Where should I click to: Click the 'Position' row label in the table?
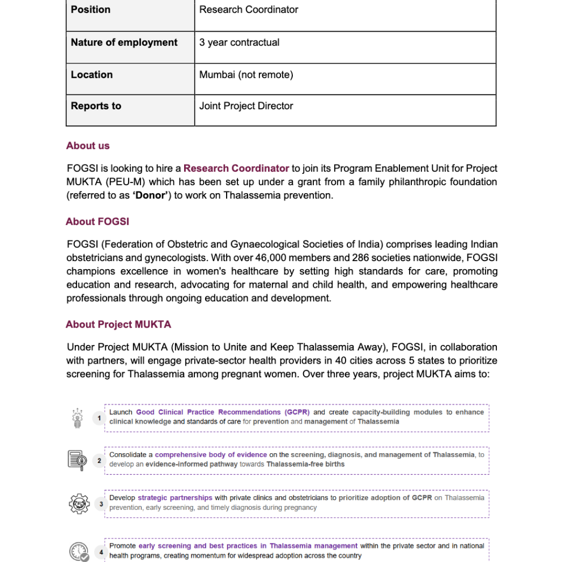point(91,10)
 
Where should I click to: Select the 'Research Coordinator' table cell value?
point(249,10)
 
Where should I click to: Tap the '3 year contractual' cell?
point(239,42)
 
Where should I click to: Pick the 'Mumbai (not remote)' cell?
point(246,75)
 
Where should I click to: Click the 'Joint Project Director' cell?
point(246,106)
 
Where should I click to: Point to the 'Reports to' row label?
point(96,106)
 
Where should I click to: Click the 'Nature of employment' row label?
point(124,42)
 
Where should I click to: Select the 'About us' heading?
point(88,146)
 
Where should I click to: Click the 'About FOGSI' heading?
point(97,222)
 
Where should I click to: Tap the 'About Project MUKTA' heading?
point(118,325)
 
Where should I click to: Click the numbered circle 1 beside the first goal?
point(99,418)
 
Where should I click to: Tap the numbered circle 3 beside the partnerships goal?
point(101,504)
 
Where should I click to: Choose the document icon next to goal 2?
point(78,460)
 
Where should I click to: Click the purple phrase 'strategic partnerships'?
point(175,498)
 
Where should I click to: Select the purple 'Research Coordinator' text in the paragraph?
point(236,168)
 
